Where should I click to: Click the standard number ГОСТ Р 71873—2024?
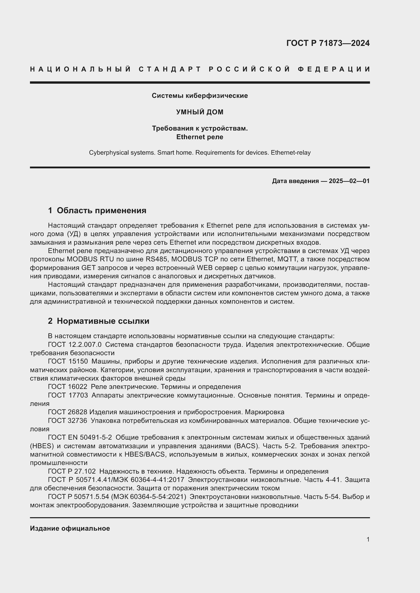click(328, 43)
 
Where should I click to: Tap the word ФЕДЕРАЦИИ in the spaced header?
click(334, 69)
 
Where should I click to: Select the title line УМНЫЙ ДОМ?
click(200, 112)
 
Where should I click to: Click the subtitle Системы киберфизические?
click(200, 96)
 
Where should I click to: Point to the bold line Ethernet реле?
click(200, 137)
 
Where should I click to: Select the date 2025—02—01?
click(349, 181)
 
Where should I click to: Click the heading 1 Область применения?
click(97, 210)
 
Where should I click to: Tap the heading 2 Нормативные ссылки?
click(99, 321)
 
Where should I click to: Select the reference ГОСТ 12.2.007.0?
click(75, 345)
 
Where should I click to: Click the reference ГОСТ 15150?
click(68, 362)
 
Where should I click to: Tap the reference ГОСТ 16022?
click(68, 387)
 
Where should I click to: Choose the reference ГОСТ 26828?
click(68, 412)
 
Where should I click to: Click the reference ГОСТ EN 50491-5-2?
click(80, 438)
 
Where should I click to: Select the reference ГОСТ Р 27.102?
click(72, 471)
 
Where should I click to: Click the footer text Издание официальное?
click(70, 528)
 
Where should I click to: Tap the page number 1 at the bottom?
click(368, 540)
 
